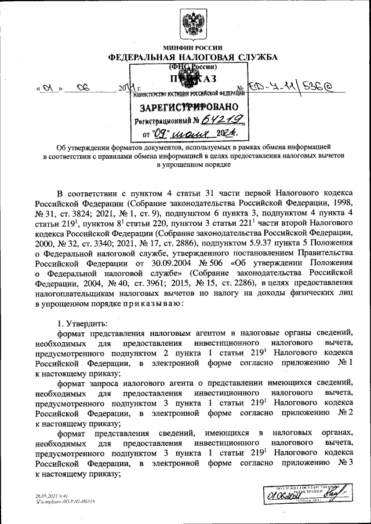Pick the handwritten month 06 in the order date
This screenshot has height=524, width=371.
[83, 89]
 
